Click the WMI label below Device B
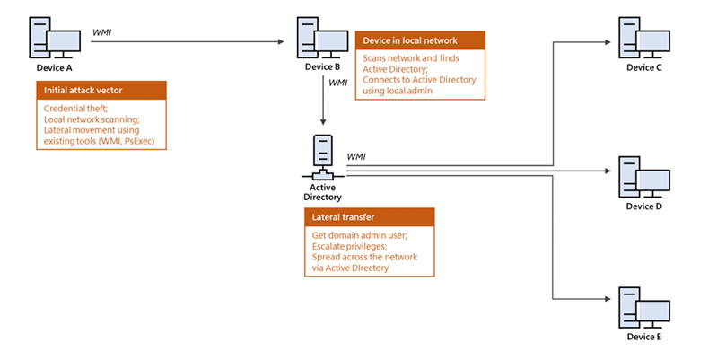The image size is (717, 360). coord(338,83)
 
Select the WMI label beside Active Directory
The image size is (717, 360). coord(355,156)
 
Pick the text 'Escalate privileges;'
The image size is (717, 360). coord(345,246)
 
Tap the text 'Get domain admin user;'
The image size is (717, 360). coord(354,235)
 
